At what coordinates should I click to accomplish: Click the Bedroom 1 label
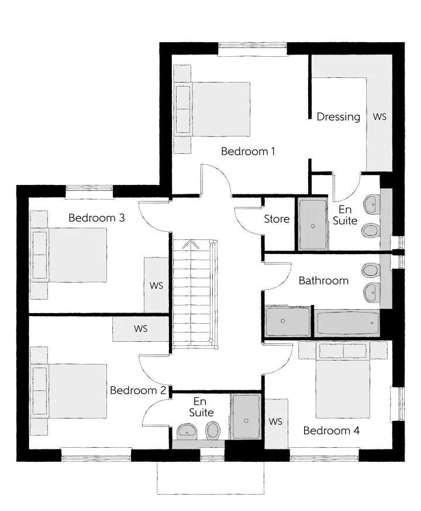click(248, 151)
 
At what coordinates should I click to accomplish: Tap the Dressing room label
click(339, 116)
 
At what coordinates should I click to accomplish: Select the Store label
click(277, 219)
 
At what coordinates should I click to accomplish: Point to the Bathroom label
click(324, 280)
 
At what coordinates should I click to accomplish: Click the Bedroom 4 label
click(332, 430)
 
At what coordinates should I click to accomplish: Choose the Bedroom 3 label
click(96, 218)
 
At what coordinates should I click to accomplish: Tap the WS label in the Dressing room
click(379, 116)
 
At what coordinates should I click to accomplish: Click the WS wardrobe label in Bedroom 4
click(275, 421)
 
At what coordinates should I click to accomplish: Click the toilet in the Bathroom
click(370, 270)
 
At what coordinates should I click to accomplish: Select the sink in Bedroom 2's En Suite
click(187, 431)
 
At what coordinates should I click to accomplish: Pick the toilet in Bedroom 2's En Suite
click(213, 430)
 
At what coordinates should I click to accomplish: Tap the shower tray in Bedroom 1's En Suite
click(313, 224)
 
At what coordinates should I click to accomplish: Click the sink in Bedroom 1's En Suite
click(372, 204)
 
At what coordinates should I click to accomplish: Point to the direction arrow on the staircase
click(191, 245)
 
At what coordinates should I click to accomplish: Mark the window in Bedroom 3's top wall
click(89, 191)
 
